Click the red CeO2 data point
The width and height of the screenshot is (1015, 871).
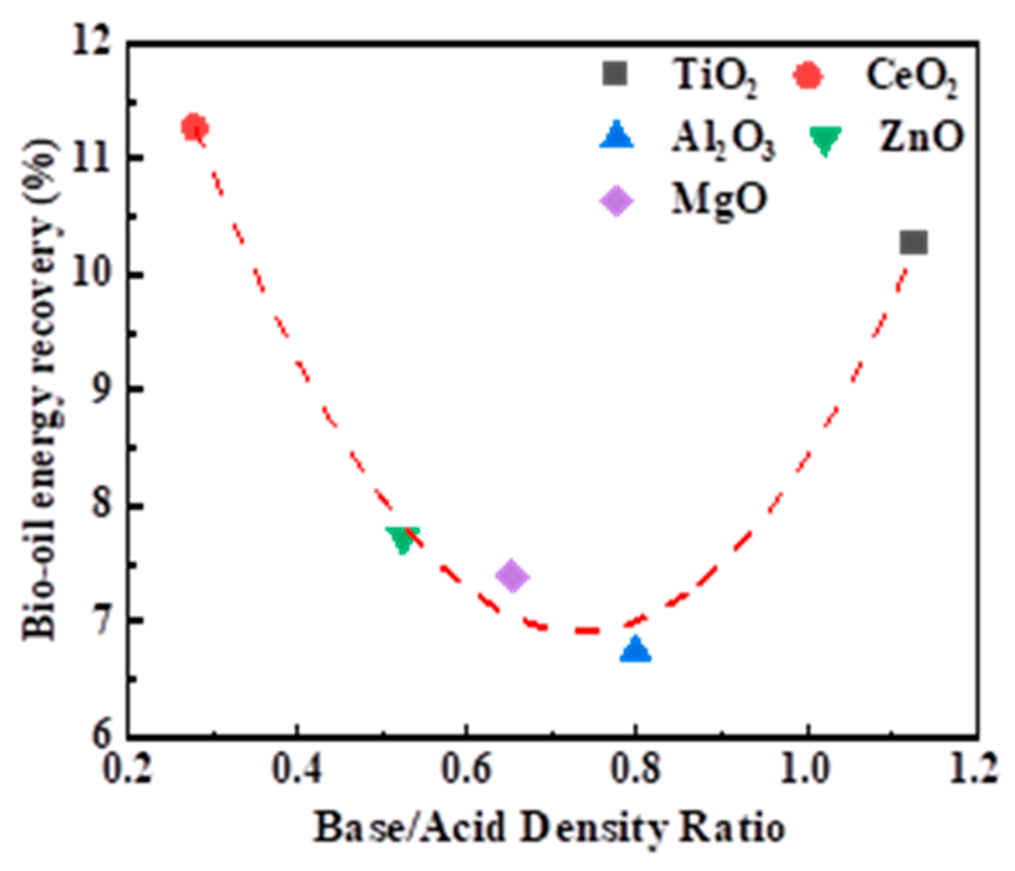(x=194, y=127)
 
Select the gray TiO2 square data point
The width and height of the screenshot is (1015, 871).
(x=913, y=242)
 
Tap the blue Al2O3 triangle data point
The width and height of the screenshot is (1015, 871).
(x=635, y=650)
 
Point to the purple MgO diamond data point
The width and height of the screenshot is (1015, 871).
(x=512, y=576)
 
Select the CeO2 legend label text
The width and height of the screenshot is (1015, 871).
(x=911, y=78)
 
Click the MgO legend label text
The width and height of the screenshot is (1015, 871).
(x=719, y=200)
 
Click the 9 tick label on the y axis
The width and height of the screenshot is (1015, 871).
(x=103, y=390)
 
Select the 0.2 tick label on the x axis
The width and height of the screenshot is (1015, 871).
(x=128, y=769)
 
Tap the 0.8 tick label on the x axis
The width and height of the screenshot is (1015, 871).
(x=634, y=769)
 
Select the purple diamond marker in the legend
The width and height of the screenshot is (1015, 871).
(x=616, y=201)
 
